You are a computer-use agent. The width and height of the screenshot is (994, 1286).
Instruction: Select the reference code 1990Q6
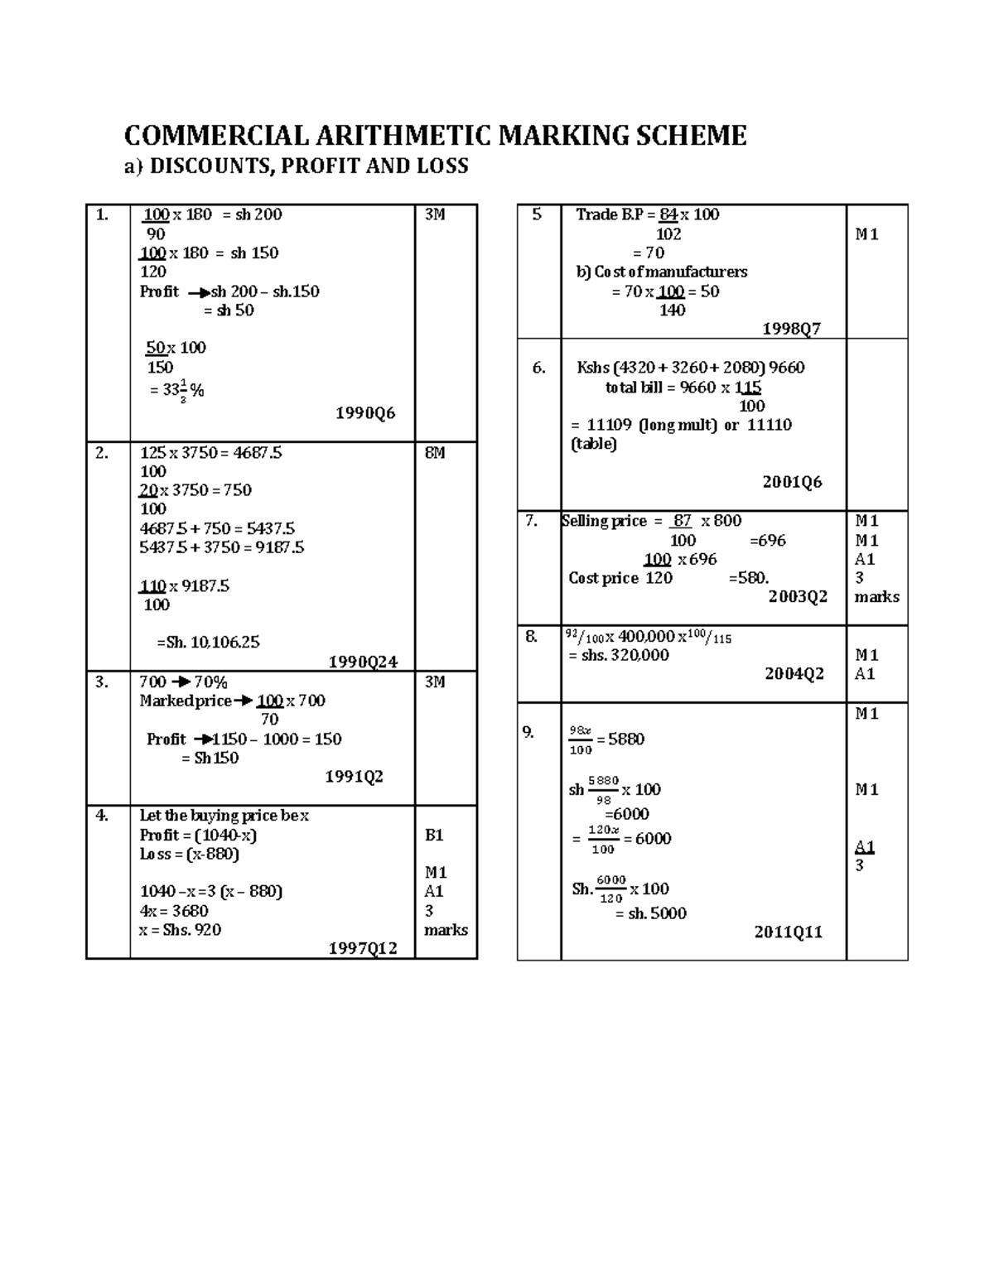[x=365, y=412]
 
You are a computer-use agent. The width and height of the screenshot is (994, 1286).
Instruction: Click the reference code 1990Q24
[x=363, y=662]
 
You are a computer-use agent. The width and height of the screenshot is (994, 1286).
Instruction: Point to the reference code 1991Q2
[x=354, y=777]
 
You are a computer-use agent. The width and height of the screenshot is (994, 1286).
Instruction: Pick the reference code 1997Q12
[x=363, y=949]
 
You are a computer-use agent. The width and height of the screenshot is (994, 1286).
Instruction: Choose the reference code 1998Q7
[x=791, y=329]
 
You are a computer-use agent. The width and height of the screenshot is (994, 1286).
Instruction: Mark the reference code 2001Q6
[x=792, y=482]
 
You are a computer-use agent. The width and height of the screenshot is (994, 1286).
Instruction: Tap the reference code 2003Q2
[x=798, y=597]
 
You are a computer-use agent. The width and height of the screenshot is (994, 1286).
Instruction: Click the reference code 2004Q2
[x=794, y=674]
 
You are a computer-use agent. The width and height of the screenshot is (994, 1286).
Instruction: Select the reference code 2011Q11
[x=788, y=932]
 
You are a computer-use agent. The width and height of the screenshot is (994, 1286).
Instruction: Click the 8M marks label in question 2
[x=435, y=453]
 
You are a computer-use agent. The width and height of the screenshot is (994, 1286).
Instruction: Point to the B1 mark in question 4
[x=435, y=835]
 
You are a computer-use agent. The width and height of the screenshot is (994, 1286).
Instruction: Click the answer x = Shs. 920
[x=181, y=930]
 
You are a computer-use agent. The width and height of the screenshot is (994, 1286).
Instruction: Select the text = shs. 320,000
[x=619, y=655]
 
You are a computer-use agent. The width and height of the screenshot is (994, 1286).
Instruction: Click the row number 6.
[x=538, y=368]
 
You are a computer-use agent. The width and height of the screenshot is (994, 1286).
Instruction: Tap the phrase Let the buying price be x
[x=224, y=816]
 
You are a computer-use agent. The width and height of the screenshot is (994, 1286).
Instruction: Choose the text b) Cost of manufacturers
[x=661, y=272]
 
